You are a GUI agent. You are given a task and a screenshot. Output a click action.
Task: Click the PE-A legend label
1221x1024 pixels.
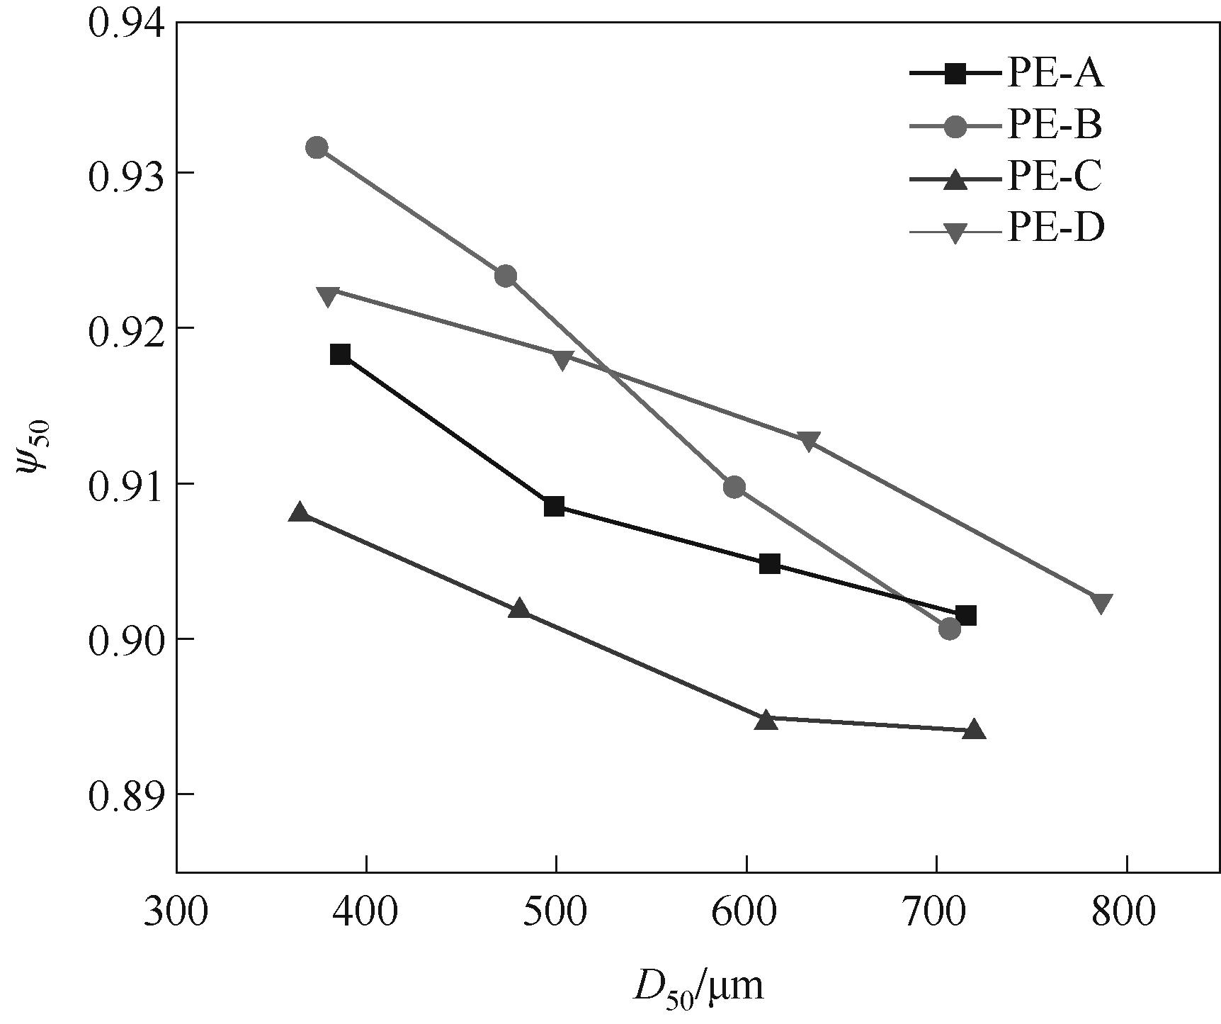coord(1055,74)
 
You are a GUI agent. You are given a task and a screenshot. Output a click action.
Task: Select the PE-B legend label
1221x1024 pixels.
coord(1054,125)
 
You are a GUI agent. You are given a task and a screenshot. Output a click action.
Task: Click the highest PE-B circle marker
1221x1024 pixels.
coord(317,147)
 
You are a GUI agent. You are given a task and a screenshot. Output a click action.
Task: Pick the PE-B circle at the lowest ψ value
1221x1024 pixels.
coord(950,629)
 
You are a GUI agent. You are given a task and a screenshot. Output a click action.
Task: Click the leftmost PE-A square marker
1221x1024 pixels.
coord(340,354)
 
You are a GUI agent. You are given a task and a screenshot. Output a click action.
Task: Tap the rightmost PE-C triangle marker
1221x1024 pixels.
coord(975,730)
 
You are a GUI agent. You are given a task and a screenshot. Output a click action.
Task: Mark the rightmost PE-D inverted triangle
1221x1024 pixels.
coord(1101,603)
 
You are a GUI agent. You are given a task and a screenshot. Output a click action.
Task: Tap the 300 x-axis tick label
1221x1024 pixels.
coord(176,913)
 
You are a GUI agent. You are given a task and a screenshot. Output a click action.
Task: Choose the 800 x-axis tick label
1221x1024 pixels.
coord(1125,913)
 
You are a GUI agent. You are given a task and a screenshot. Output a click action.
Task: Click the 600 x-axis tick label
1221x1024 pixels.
coord(746,913)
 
